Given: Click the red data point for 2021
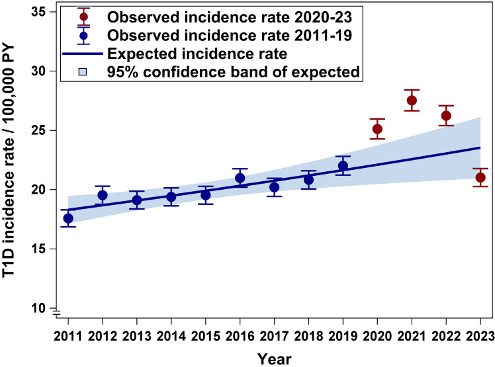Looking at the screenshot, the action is [x=412, y=101].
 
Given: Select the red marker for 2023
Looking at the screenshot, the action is [x=480, y=178].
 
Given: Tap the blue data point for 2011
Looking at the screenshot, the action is [x=68, y=218].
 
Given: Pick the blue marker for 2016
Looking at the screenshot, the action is [x=240, y=178].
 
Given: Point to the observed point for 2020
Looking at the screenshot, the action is [x=377, y=129].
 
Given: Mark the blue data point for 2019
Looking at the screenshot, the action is [x=343, y=166].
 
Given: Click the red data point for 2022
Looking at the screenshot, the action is [x=446, y=116].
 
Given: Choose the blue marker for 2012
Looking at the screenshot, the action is [x=103, y=195].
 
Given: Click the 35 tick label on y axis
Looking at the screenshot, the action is [x=38, y=12].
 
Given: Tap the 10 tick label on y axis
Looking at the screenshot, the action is [x=38, y=308].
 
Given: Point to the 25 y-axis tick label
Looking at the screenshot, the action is [x=38, y=130].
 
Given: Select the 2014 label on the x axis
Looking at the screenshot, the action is [x=171, y=337].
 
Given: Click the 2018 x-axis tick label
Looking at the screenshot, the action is [x=308, y=337].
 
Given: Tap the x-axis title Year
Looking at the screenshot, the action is [x=275, y=359].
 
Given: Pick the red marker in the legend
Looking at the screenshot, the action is [x=83, y=17].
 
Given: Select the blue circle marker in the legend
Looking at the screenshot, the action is [x=83, y=35].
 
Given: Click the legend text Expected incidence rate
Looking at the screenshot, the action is [x=197, y=54].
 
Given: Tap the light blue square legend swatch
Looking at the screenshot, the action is [x=83, y=72].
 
